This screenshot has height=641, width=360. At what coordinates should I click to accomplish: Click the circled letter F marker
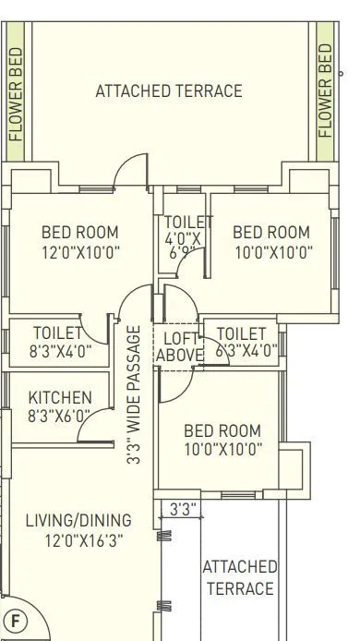(14, 619)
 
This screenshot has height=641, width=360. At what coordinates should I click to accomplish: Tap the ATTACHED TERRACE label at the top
(169, 91)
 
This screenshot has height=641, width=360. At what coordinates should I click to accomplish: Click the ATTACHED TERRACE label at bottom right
(240, 577)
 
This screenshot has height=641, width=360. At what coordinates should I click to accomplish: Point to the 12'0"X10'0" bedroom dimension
(80, 251)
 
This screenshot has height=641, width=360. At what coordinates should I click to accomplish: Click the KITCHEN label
(60, 397)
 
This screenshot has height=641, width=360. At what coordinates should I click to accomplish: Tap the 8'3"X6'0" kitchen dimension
(60, 416)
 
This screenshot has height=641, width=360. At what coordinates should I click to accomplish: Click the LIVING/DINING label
(78, 520)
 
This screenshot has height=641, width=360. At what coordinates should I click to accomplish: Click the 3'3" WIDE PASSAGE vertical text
(134, 394)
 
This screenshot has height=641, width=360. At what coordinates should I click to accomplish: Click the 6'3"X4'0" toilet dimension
(246, 350)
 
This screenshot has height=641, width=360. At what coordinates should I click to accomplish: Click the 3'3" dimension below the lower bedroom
(183, 508)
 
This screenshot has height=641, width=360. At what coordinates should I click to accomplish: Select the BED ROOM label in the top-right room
(271, 232)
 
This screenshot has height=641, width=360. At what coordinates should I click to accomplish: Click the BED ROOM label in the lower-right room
(222, 430)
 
